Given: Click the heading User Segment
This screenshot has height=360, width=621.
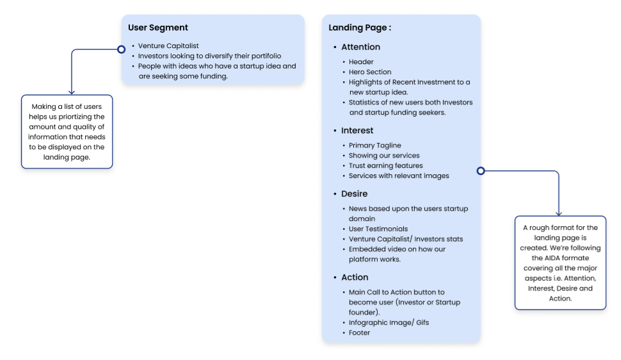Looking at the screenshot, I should click(157, 28).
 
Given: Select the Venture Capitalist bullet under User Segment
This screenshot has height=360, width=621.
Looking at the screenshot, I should click(169, 46).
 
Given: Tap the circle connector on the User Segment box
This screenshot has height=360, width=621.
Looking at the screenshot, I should click(120, 49).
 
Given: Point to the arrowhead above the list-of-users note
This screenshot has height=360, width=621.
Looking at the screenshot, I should click(72, 92).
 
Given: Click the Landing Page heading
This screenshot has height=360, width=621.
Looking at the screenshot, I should click(359, 28).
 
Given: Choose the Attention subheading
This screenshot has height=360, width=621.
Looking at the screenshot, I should click(360, 47).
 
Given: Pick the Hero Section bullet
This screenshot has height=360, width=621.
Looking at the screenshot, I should click(370, 72).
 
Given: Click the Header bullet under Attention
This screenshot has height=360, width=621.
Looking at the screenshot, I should click(361, 62).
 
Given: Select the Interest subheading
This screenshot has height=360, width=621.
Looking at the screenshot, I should click(357, 131).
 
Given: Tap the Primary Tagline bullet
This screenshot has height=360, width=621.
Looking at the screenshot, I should click(375, 145).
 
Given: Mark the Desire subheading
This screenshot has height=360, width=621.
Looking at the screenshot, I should click(354, 193).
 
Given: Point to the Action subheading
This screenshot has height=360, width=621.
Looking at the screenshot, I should click(355, 277).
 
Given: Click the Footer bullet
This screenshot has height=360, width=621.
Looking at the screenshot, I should click(359, 333).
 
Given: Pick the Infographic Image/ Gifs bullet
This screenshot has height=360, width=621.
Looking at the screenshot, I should click(389, 323).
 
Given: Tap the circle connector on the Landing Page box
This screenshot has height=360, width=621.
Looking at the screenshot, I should click(481, 171).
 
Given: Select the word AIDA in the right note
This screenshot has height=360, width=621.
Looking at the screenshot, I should click(542, 258).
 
